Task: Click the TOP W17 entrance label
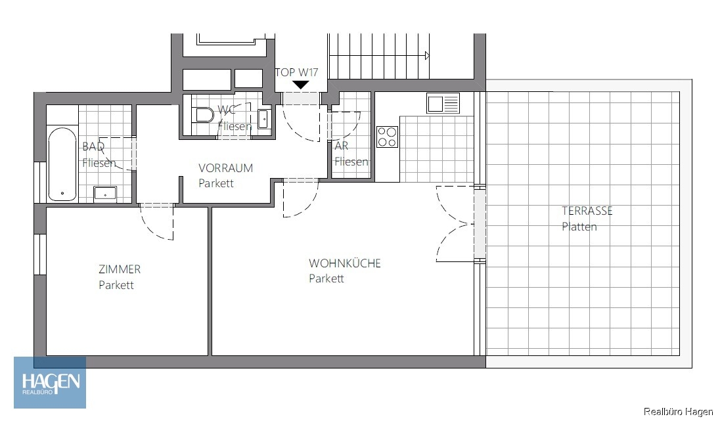click(x=296, y=72)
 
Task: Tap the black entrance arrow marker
click(x=301, y=85)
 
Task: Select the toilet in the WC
click(x=204, y=115)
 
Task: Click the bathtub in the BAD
click(x=62, y=164)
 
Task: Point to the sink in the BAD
click(x=105, y=194)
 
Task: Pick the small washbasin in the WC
click(x=263, y=120)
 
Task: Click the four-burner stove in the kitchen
click(x=387, y=137)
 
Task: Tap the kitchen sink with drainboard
click(x=443, y=103)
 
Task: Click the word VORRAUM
click(x=225, y=168)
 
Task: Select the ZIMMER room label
click(x=120, y=269)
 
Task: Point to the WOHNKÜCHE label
click(x=345, y=263)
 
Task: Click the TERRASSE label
click(x=587, y=211)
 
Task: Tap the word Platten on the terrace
click(x=579, y=227)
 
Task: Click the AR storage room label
click(x=341, y=146)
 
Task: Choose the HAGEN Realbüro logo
click(x=50, y=382)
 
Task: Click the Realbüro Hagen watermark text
click(x=678, y=412)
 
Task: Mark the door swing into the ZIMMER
click(x=156, y=222)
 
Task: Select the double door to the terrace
click(x=455, y=224)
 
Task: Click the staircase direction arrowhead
click(x=428, y=56)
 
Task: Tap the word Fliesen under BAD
click(x=99, y=163)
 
